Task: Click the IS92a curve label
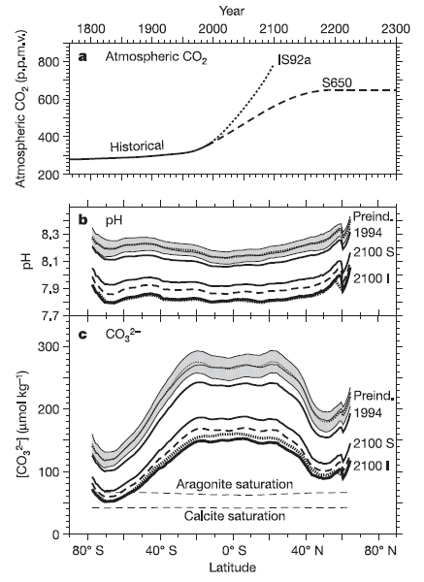(294, 60)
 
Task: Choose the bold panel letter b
(83, 219)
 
